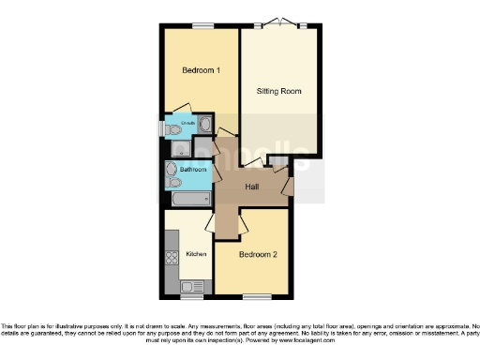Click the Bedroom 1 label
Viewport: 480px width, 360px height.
coord(200,71)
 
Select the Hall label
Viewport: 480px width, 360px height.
coord(252,187)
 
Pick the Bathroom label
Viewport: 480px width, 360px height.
coord(194,170)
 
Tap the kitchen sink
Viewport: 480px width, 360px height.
coord(191,286)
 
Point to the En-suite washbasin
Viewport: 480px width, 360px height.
coord(205,123)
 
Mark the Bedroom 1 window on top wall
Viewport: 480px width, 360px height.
coord(200,25)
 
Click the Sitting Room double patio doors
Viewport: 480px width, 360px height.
coord(277,22)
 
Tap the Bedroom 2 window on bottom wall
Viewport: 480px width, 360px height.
coord(251,297)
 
